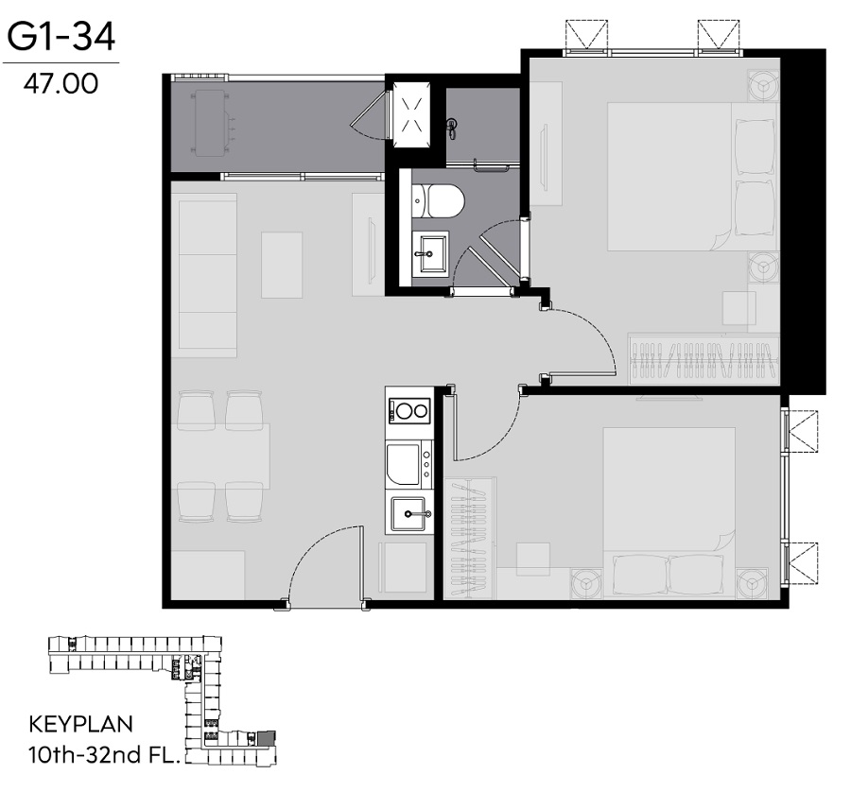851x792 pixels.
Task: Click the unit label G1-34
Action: coord(61,37)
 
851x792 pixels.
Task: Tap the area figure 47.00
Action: coord(61,83)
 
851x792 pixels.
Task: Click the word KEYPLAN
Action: coord(81,724)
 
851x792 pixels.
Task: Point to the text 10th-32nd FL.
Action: coord(104,754)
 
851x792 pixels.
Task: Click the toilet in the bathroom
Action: coord(438,201)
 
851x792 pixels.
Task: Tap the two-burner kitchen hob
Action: coord(409,410)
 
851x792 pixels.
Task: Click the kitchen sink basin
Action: coord(408,514)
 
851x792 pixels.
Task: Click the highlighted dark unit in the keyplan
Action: coord(267,738)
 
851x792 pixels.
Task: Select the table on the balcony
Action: coord(210,124)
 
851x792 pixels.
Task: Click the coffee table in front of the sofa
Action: coord(282,266)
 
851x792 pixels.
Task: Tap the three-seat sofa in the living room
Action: coord(204,275)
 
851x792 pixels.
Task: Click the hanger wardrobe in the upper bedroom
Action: coord(703,359)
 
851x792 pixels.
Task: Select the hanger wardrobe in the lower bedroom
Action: coord(469,539)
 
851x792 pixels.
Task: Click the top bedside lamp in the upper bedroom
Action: coord(763,85)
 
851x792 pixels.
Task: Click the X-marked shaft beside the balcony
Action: coord(411,114)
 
